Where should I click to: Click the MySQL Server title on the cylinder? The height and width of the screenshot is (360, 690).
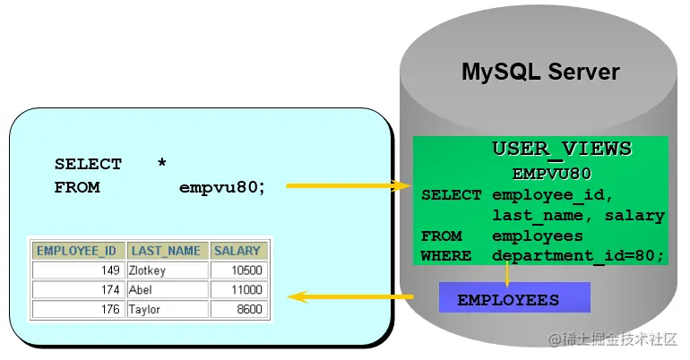[x=540, y=72]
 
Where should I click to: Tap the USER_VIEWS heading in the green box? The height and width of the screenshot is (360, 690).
[x=562, y=149]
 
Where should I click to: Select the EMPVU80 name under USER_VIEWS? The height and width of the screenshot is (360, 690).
[x=551, y=173]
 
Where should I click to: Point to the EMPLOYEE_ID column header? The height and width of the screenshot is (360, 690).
[x=77, y=251]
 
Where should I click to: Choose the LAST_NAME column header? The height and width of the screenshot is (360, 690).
[x=168, y=251]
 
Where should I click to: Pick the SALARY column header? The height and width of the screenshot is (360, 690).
[x=237, y=251]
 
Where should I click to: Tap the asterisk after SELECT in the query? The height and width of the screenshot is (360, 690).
[x=161, y=163]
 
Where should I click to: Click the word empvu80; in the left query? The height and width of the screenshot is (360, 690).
[x=222, y=188]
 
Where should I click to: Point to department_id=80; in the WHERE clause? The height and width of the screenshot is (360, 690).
[x=578, y=256]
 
